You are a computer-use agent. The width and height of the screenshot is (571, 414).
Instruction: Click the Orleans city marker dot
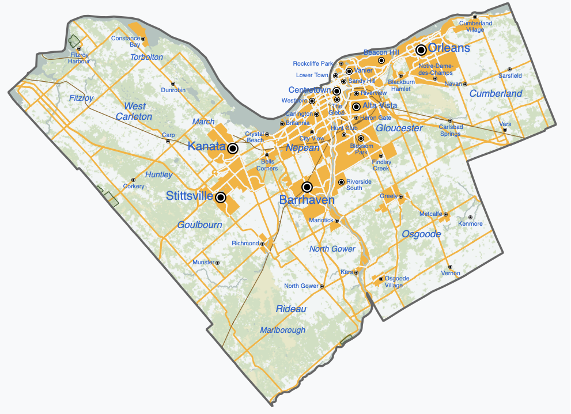pos(421,50)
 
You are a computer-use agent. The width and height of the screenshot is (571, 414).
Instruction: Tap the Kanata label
pos(206,147)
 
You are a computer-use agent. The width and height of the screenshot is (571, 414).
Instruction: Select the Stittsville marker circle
pos(220,197)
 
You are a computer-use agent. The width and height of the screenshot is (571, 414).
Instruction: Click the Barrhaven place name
pos(307,200)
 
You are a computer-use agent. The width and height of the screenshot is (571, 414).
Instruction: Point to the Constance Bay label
pos(126,41)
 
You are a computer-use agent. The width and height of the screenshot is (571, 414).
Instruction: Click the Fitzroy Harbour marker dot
pos(79,49)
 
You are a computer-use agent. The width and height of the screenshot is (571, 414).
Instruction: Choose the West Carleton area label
pos(134,111)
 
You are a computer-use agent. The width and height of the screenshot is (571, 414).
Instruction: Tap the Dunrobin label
pos(173,90)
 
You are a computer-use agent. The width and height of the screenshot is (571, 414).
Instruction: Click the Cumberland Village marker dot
pos(475,17)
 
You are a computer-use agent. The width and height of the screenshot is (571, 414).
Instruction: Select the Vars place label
pos(505,124)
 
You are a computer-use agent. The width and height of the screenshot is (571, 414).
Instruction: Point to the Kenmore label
pos(470,224)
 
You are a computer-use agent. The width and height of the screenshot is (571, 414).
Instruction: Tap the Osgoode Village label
pos(397,282)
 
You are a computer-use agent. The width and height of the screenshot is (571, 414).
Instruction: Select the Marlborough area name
pos(282,330)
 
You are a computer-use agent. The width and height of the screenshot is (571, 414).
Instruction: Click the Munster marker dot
pos(217,263)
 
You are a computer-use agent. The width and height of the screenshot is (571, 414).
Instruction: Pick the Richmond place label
pos(245,244)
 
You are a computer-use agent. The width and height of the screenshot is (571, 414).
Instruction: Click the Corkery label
pos(134,187)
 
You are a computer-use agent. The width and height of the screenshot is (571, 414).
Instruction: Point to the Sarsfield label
pos(510,75)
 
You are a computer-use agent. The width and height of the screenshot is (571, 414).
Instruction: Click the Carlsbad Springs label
pos(450,130)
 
